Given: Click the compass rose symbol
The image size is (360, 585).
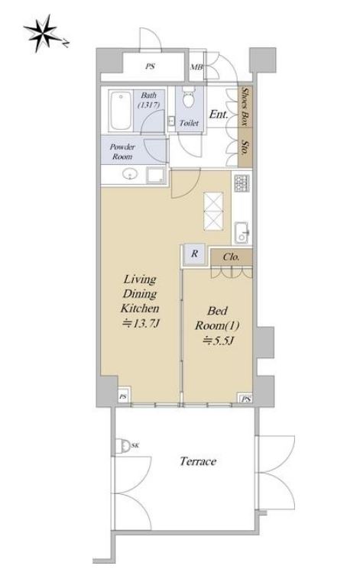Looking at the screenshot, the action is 42,33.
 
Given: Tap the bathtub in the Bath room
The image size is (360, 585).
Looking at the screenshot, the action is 120,110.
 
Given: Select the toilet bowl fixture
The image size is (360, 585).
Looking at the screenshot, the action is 189,97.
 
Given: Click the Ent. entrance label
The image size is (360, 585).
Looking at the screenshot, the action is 219,114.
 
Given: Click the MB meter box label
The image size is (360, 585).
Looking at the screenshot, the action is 196,67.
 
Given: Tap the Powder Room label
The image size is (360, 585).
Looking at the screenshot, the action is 122,151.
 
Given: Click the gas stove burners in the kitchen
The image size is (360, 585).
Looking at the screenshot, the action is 242,183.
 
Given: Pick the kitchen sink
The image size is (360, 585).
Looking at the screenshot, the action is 242,233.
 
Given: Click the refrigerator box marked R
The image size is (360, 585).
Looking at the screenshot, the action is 195,254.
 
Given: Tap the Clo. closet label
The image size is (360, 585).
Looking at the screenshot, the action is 232,257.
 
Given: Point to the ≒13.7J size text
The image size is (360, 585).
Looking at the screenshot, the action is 141,323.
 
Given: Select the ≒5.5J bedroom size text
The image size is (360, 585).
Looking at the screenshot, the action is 218,341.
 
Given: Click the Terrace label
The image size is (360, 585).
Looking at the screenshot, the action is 198,461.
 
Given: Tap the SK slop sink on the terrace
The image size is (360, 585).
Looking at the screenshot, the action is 122,445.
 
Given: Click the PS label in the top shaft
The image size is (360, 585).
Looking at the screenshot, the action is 150,66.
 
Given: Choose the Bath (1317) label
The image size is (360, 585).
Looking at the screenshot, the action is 148,100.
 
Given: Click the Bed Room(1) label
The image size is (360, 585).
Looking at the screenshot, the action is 217,318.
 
